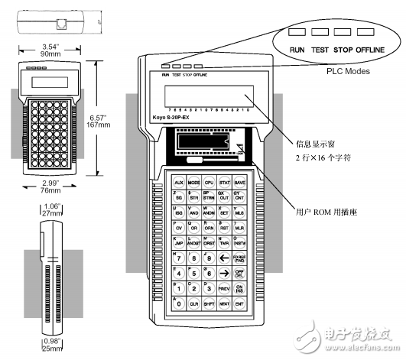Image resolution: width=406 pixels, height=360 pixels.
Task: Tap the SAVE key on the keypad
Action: click(240, 183)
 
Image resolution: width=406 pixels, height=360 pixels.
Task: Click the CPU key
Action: click(209, 183)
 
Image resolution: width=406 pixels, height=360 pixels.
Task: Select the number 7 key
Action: click(178, 257)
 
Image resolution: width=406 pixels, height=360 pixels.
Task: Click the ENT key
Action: click(240, 304)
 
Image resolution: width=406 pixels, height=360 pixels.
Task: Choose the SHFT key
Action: click(209, 304)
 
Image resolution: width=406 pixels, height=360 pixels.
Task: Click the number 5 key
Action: click(193, 273)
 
